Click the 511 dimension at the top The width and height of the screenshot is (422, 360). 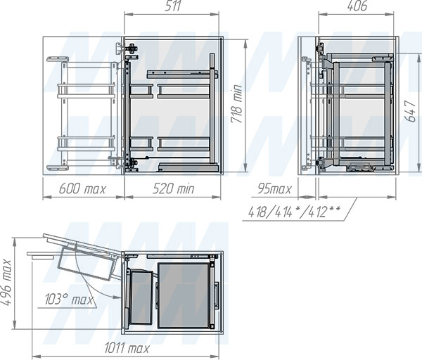point(172,6)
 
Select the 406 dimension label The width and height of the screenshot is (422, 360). point(357,6)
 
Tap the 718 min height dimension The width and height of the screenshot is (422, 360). point(237,104)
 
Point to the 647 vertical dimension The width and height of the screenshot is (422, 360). point(411,111)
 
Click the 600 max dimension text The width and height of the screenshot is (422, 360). point(82,188)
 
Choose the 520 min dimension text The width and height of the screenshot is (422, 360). point(173,188)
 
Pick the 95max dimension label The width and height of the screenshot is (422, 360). point(274,188)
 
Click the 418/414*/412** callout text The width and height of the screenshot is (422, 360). point(294,212)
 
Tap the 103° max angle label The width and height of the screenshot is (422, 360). point(69,299)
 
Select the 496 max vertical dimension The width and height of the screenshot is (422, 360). point(6,282)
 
